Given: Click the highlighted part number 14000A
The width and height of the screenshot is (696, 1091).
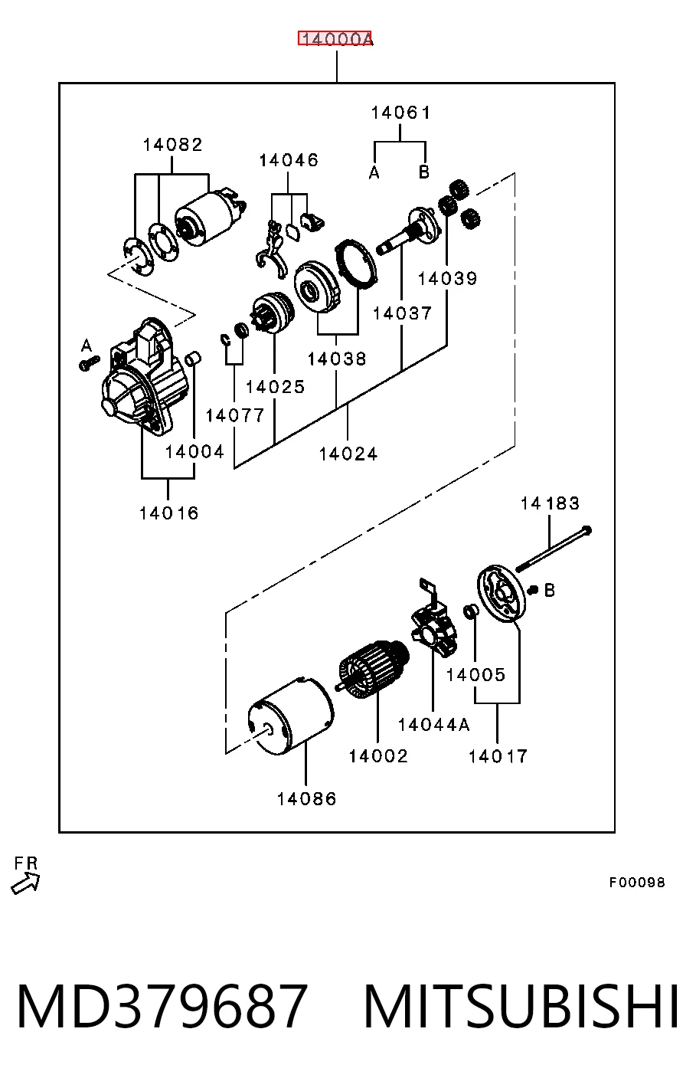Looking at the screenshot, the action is (335, 38).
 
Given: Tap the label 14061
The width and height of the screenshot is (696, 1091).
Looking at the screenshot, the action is (401, 113).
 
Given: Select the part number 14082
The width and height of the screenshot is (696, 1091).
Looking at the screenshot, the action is (173, 145).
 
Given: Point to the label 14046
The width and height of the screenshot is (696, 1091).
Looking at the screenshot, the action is (289, 160).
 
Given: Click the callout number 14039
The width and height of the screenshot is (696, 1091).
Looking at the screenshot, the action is (448, 279).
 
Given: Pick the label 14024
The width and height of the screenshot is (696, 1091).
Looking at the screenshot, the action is (348, 454).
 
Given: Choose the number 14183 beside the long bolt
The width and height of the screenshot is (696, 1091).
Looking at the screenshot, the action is (550, 503).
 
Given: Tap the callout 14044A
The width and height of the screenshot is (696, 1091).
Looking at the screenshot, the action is (434, 725).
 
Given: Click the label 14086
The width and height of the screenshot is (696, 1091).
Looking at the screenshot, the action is (306, 799).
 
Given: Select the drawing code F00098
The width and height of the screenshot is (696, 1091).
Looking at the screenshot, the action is (637, 882).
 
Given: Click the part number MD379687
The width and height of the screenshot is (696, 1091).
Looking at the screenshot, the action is (162, 1005).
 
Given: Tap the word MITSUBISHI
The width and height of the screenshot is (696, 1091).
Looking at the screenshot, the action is (521, 1005).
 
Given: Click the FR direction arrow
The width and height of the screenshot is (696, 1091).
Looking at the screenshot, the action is (25, 884).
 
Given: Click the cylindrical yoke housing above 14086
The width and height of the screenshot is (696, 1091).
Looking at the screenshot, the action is (290, 716).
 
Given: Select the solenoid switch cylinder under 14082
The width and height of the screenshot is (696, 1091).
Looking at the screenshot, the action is (211, 218).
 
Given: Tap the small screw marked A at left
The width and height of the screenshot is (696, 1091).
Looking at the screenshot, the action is (89, 363).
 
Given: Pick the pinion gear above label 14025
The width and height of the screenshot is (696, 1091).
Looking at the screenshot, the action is (272, 313).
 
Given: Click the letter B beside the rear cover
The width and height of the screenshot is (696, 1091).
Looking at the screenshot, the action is (550, 590).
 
